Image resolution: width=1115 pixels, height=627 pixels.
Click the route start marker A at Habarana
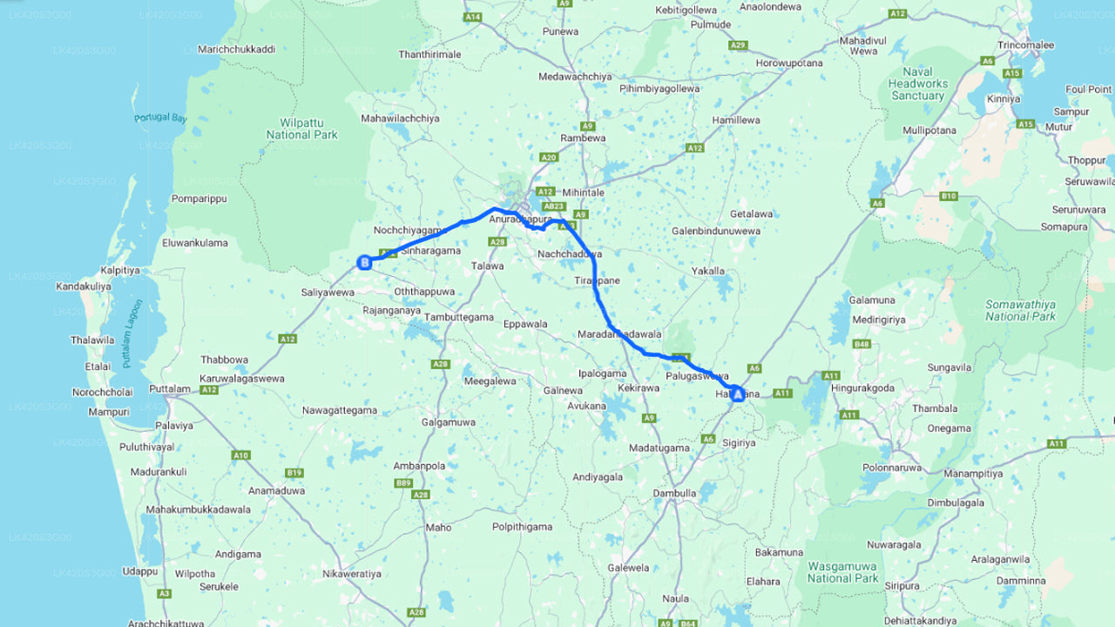tap(738, 394)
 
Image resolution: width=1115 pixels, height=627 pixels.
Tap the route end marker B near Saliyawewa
tap(365, 261)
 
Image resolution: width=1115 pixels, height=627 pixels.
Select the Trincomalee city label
tap(1026, 45)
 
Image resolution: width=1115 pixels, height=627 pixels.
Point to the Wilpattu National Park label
tap(301, 129)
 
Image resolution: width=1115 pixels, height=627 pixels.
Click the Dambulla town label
tap(675, 493)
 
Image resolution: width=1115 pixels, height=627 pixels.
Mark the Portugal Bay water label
tap(160, 118)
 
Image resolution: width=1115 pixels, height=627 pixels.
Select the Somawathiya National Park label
tap(1020, 310)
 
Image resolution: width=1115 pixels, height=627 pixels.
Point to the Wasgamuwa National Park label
tap(842, 572)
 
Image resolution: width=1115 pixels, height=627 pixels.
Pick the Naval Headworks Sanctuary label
tap(917, 84)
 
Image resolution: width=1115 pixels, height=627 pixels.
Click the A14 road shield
tap(473, 17)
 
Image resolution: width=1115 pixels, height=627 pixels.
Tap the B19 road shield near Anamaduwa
tap(294, 473)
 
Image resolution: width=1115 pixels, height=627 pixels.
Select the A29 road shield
tap(739, 44)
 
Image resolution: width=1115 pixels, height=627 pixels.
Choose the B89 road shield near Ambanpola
tap(402, 482)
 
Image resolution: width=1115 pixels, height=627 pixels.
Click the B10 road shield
tap(949, 196)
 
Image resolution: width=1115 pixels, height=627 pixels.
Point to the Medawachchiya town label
tap(575, 77)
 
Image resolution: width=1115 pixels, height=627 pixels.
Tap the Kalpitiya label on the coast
tap(120, 270)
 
